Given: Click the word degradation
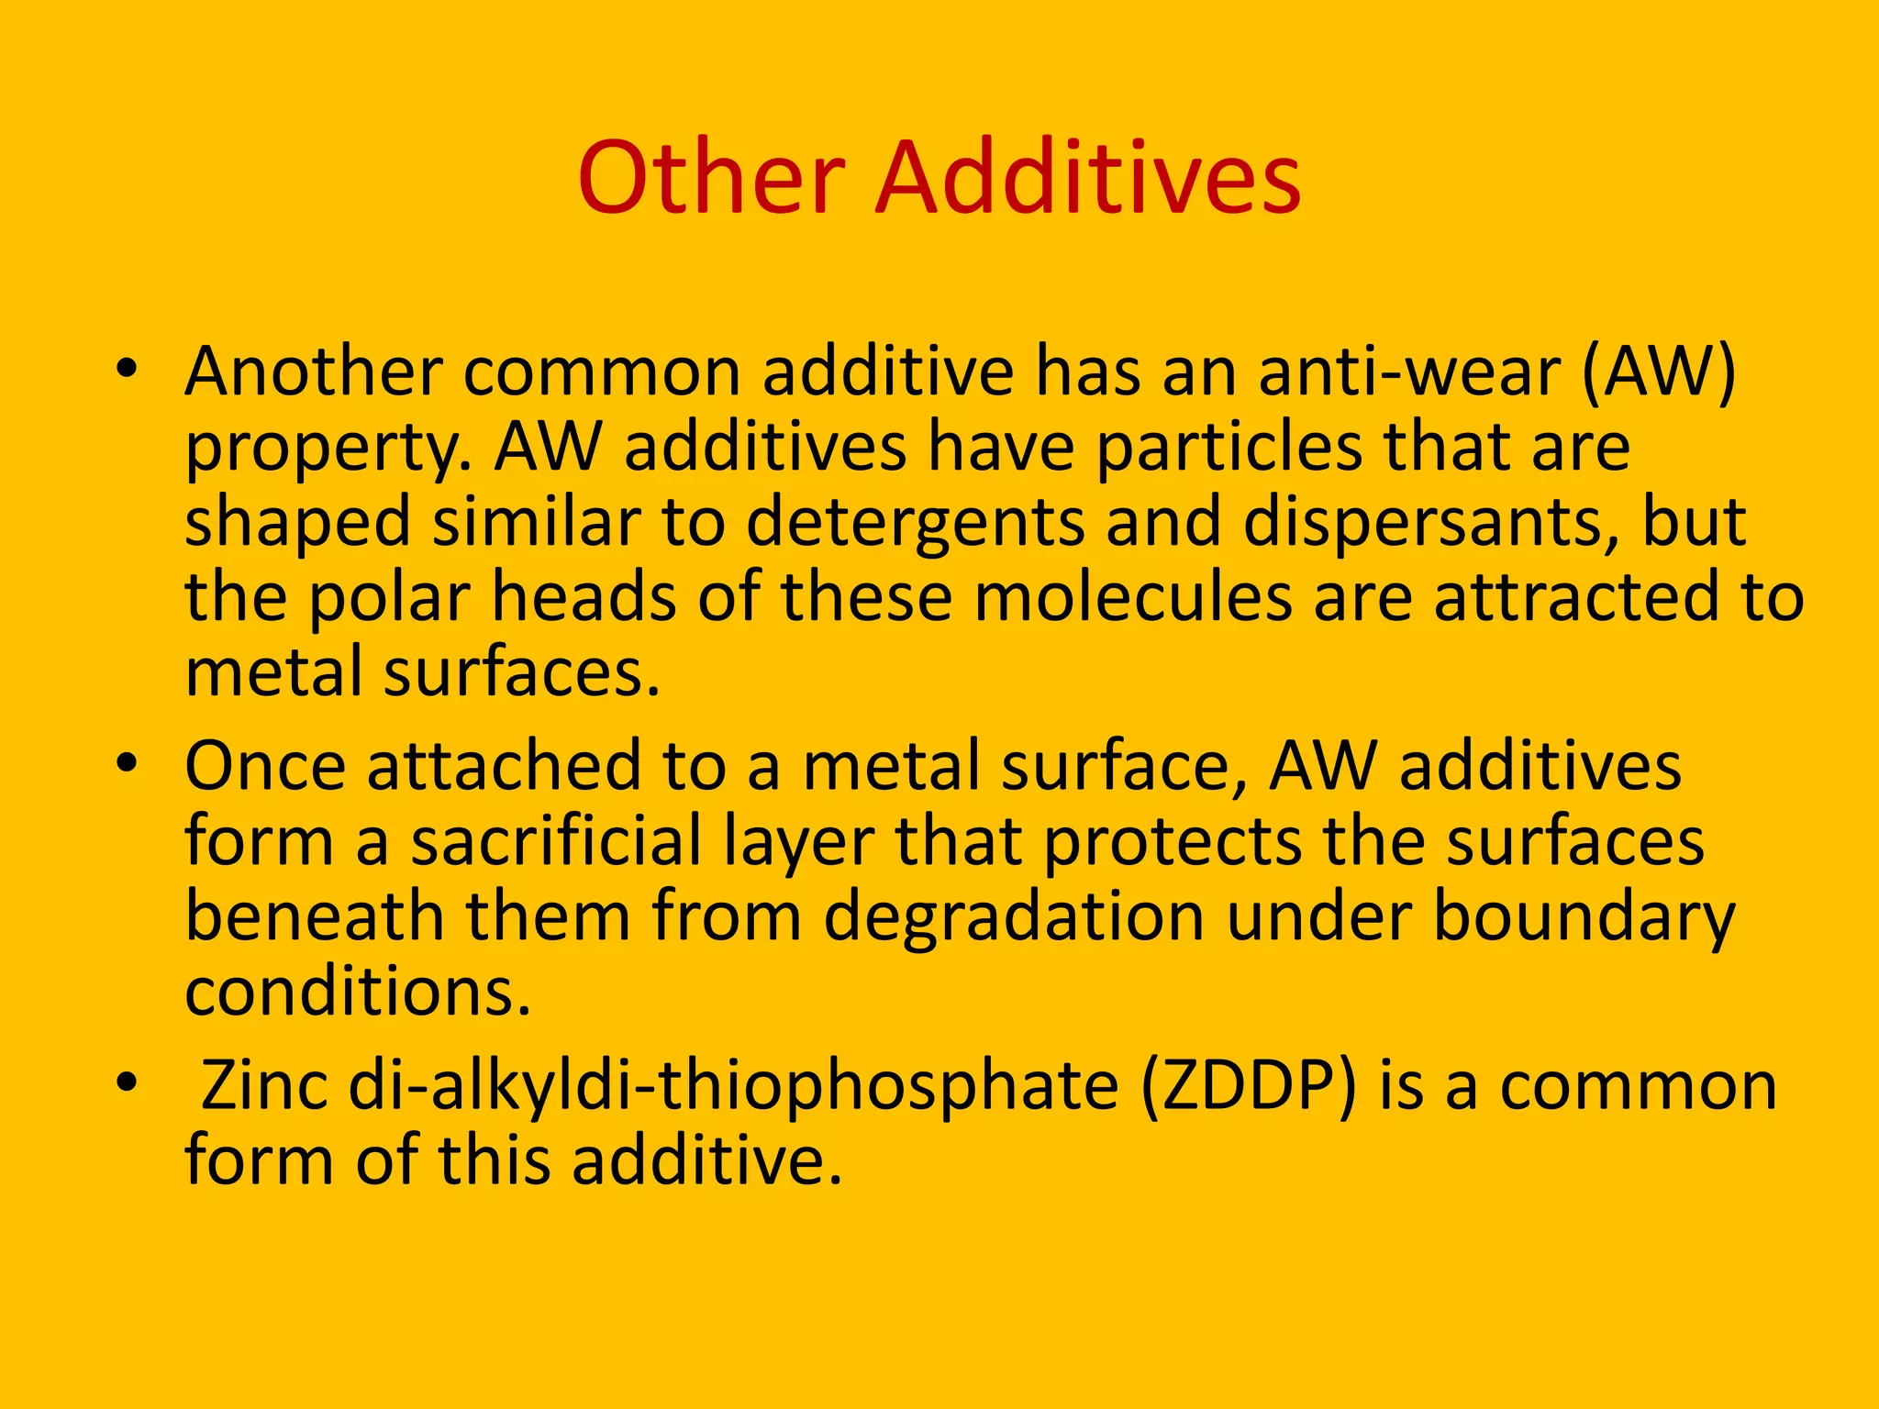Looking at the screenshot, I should click(1014, 917).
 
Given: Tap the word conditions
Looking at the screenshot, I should click(358, 993).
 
